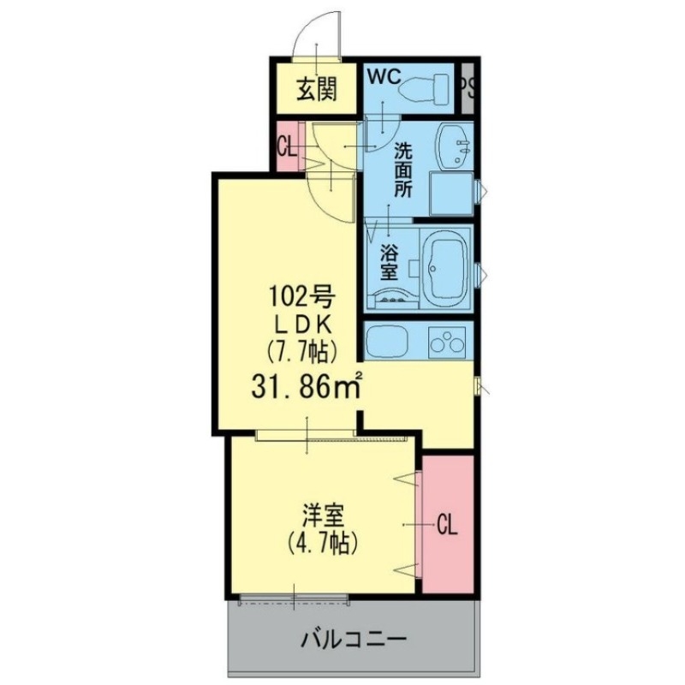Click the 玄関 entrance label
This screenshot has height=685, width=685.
coord(315,89)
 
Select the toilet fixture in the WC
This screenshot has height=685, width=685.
coord(427,88)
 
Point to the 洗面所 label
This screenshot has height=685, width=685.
coord(402,169)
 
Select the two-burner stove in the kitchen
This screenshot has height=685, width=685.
coord(447,342)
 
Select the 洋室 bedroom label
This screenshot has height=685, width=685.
coord(323,515)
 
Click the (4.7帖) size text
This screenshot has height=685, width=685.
coord(323,542)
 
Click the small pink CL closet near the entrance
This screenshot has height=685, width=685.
coord(288,146)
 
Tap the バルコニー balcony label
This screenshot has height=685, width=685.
coord(352,639)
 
